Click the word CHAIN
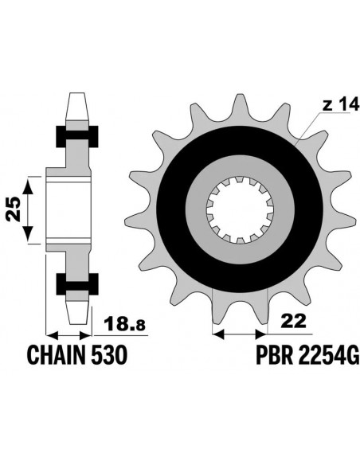tap(57, 355)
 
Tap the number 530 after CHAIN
tap(109, 355)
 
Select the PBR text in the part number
tap(274, 355)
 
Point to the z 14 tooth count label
tap(341, 104)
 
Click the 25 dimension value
tap(14, 209)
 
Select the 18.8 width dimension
tap(125, 323)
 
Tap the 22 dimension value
tap(293, 321)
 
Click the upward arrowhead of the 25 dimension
tap(28, 187)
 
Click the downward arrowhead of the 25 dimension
tap(28, 233)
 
